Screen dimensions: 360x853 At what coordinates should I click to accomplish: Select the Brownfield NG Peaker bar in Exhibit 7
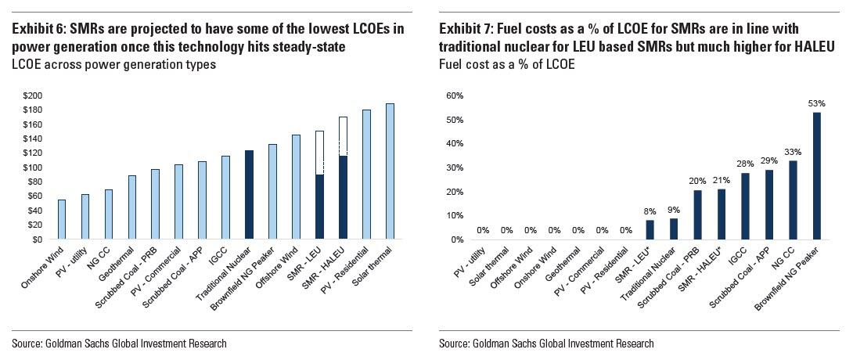tap(817, 175)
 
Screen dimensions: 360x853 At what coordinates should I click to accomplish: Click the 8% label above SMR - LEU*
tap(649, 211)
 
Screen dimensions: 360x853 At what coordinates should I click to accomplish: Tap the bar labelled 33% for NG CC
tap(793, 200)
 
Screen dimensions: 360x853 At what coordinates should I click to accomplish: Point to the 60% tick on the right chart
tap(453, 95)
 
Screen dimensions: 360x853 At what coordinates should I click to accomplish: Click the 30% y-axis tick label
tap(453, 167)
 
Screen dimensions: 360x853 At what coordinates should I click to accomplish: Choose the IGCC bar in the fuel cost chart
tap(745, 206)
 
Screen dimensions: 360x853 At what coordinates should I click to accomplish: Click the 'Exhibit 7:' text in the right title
tap(466, 29)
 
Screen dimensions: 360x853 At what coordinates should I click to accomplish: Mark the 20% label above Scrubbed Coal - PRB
tap(697, 182)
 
